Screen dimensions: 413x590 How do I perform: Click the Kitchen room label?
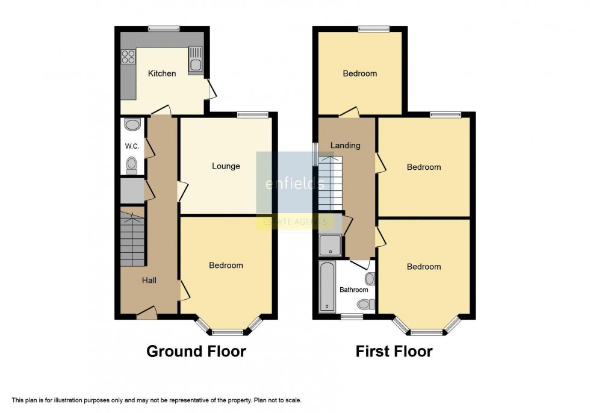162,73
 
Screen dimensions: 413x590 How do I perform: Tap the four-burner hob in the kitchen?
128,57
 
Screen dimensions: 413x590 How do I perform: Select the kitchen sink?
196,60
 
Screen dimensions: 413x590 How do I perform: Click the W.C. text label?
132,146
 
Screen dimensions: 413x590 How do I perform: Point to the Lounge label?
226,166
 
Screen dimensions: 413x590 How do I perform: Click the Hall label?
149,280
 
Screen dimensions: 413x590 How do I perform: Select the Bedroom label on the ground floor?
226,265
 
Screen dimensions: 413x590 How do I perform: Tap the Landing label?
346,145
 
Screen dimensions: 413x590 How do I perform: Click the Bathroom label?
353,290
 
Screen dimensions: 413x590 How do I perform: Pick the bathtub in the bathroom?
327,287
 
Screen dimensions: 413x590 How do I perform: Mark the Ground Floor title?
196,352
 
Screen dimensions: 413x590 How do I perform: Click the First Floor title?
394,352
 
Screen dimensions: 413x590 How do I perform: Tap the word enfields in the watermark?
295,184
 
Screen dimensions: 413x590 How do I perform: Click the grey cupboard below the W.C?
132,191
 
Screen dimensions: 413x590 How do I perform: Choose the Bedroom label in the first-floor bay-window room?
424,267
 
